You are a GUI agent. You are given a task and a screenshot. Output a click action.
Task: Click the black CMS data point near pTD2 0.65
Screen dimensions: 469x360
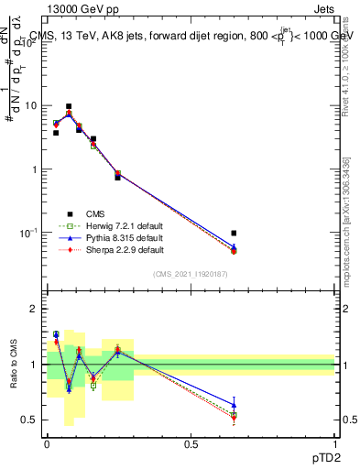pyautogui.click(x=235, y=233)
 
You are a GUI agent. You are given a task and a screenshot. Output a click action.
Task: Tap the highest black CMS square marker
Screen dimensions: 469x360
pyautogui.click(x=69, y=106)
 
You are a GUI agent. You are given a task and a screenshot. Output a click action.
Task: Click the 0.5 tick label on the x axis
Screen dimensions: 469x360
pyautogui.click(x=191, y=442)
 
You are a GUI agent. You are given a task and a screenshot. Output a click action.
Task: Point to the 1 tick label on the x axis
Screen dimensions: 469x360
pyautogui.click(x=335, y=442)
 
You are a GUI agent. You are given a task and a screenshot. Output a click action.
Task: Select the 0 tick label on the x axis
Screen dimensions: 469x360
pyautogui.click(x=48, y=442)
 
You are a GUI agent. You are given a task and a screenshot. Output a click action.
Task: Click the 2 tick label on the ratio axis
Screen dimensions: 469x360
pyautogui.click(x=34, y=309)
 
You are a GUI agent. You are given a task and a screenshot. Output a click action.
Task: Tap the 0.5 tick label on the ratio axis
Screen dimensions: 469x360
pyautogui.click(x=29, y=420)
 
